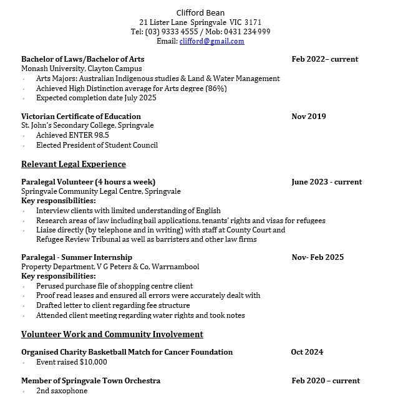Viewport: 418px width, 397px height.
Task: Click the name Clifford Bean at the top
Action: click(x=200, y=12)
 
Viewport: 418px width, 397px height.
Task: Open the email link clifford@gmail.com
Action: click(x=211, y=41)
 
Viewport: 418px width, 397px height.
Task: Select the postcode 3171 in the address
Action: click(x=253, y=22)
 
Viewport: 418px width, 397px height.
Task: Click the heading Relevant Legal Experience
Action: click(x=74, y=165)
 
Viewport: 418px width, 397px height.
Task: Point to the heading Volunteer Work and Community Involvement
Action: click(x=112, y=335)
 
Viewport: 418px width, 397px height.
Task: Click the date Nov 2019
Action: click(x=308, y=117)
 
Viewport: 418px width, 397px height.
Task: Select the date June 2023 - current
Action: click(x=326, y=182)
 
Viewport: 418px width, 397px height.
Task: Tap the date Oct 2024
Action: click(x=307, y=352)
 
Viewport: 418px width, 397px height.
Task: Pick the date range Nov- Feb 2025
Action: click(x=317, y=257)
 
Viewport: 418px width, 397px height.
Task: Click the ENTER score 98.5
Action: click(x=100, y=135)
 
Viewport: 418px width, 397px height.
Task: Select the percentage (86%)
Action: click(x=215, y=88)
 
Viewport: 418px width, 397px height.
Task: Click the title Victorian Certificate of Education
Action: click(x=81, y=117)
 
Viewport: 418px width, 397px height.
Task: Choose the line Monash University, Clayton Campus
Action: click(x=82, y=69)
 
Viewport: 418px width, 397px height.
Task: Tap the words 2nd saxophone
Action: click(x=62, y=391)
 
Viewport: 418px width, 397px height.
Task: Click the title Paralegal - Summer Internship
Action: click(x=77, y=257)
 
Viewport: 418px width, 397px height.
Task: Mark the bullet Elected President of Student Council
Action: click(x=97, y=145)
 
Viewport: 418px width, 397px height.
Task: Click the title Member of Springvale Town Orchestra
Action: click(x=91, y=381)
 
